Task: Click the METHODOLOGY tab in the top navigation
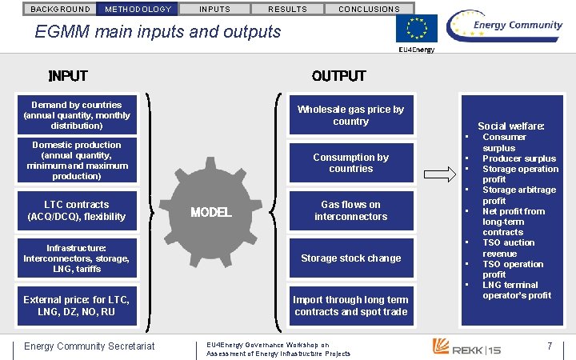(138, 9)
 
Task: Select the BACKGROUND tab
(60, 9)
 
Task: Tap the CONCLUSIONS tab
(369, 9)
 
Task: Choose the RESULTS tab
(286, 9)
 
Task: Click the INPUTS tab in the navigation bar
(214, 9)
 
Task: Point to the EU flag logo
(417, 29)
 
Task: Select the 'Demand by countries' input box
(77, 115)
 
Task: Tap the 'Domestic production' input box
(77, 160)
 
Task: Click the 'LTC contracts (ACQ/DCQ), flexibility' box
(77, 210)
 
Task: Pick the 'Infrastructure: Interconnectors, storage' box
(77, 258)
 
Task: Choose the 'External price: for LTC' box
(77, 306)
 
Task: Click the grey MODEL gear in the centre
(210, 212)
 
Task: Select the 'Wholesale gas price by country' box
(350, 115)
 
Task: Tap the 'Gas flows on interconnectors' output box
(350, 210)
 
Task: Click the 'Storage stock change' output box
(350, 258)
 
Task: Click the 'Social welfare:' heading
(510, 126)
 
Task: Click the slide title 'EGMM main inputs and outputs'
(158, 32)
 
